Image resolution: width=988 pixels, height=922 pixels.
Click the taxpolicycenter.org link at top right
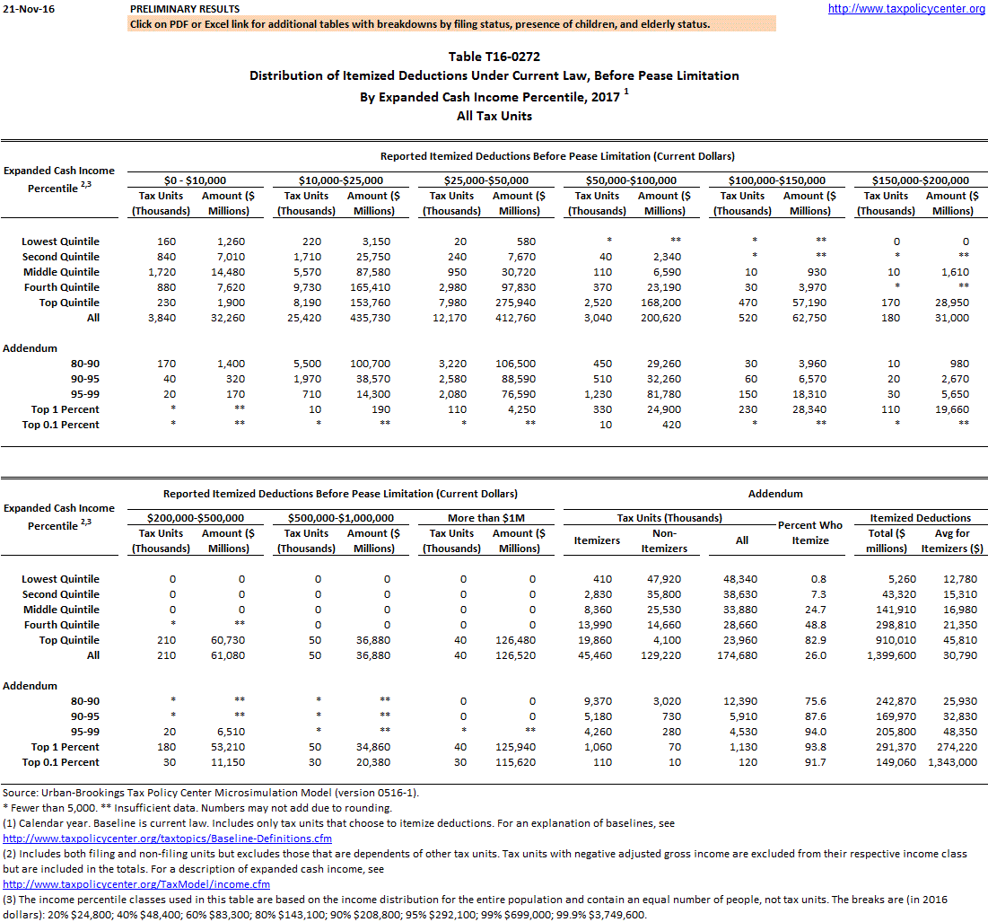pos(906,9)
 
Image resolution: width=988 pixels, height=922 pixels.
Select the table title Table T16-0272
pos(494,57)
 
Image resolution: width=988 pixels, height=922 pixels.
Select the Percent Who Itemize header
pos(810,532)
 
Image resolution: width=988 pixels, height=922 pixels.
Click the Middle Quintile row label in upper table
pos(61,272)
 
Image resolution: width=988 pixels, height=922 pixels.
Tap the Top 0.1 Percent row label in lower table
pos(61,762)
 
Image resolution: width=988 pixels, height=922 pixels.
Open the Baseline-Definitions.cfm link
pos(168,839)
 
